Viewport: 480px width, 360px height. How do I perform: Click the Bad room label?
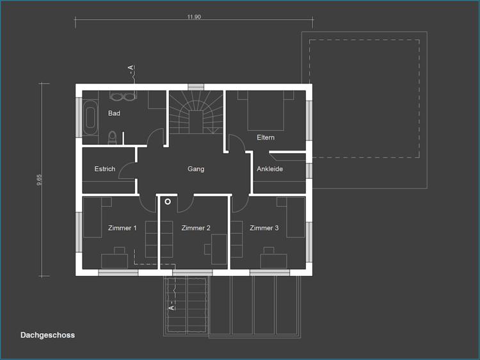pos(114,113)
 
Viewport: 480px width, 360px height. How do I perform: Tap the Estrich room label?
pos(105,169)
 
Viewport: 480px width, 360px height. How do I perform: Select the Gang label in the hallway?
pos(196,169)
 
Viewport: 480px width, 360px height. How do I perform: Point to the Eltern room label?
pos(266,138)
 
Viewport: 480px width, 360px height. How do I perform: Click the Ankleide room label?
pos(269,169)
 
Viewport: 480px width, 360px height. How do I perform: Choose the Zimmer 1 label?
pos(122,228)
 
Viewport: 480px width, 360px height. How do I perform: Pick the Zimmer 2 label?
pos(196,228)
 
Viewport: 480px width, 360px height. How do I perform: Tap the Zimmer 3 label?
pos(264,228)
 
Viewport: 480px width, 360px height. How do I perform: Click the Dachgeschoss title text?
pos(47,335)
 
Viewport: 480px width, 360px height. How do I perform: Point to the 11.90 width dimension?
pos(194,17)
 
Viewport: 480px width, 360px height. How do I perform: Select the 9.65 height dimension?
pos(39,179)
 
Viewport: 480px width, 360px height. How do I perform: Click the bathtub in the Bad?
pos(90,118)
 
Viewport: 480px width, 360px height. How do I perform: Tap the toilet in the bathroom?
pos(113,138)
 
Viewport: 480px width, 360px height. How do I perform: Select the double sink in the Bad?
pos(123,96)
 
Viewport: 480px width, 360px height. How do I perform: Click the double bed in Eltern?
pos(266,111)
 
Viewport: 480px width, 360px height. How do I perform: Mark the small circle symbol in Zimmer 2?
pos(168,202)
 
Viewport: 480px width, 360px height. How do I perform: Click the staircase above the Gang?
pos(196,112)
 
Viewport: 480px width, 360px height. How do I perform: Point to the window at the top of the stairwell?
pos(196,87)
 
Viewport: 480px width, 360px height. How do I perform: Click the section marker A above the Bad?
pos(131,67)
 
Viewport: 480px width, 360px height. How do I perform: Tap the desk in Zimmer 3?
pos(274,261)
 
